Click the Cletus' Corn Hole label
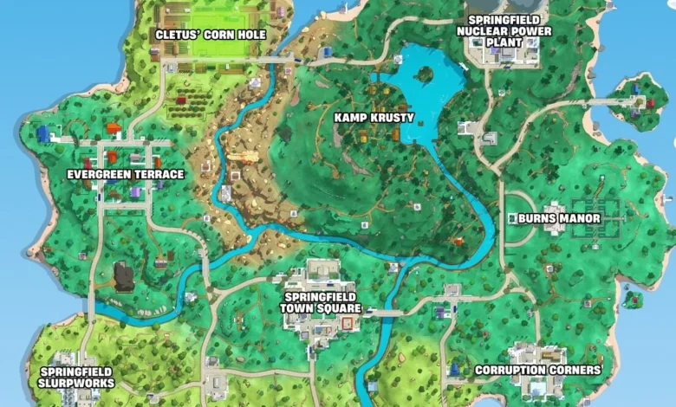pos(210,35)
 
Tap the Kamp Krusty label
pos(374,117)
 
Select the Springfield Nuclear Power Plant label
pos(504,31)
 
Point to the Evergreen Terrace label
pos(126,174)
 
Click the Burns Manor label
pos(559,218)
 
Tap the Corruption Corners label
pos(538,371)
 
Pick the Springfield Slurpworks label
pos(75,377)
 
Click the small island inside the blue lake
pos(423,74)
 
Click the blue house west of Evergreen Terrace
pos(43,134)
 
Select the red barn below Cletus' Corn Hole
pos(180,100)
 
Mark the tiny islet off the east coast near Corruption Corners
pos(634,300)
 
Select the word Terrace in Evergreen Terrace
pos(159,174)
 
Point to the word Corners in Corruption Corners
pos(575,371)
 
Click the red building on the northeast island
pos(650,102)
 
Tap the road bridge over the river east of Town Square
pos(381,313)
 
